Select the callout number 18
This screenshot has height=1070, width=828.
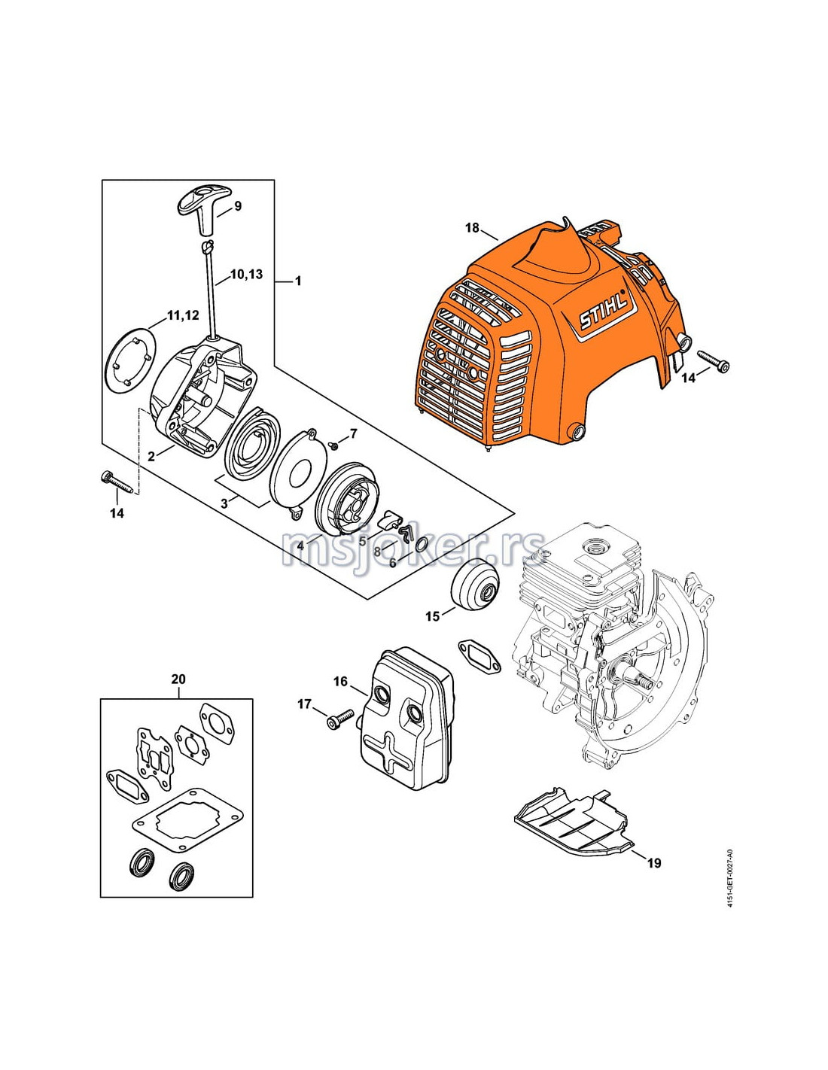coord(472,227)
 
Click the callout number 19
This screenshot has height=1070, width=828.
coord(654,862)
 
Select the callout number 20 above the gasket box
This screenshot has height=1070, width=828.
coord(178,679)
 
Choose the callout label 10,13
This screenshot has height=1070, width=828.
coord(246,274)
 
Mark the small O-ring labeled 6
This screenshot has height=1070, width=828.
coord(422,545)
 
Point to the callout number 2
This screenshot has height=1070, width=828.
coord(151,456)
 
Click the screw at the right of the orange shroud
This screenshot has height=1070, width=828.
coord(714,361)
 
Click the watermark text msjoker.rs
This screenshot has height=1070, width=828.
coord(413,547)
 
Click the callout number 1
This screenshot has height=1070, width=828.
coord(298,281)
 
